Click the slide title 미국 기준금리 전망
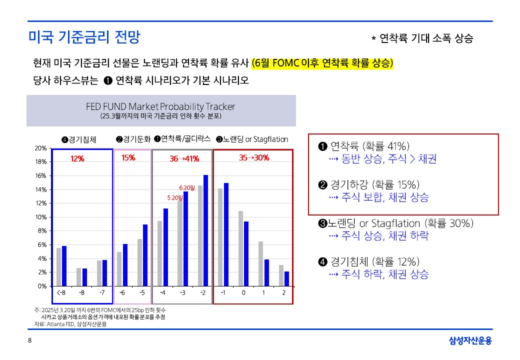pyautogui.click(x=84, y=37)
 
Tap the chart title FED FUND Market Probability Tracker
pyautogui.click(x=160, y=106)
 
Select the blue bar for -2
pyautogui.click(x=205, y=230)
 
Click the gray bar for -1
pyautogui.click(x=220, y=237)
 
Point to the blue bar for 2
pyautogui.click(x=286, y=278)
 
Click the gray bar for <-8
pyautogui.click(x=58, y=267)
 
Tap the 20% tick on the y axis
pyautogui.click(x=40, y=148)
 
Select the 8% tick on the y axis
pyautogui.click(x=41, y=231)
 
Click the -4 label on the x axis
pyautogui.click(x=162, y=292)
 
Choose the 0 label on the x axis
pyautogui.click(x=243, y=292)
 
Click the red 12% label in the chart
pyautogui.click(x=77, y=158)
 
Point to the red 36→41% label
pyautogui.click(x=184, y=159)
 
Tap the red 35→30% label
pyautogui.click(x=253, y=158)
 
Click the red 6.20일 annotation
pyautogui.click(x=187, y=187)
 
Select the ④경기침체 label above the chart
pyautogui.click(x=78, y=139)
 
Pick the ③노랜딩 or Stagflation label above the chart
pyautogui.click(x=252, y=139)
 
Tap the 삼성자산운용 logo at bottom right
pyautogui.click(x=470, y=341)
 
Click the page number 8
pyautogui.click(x=29, y=340)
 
